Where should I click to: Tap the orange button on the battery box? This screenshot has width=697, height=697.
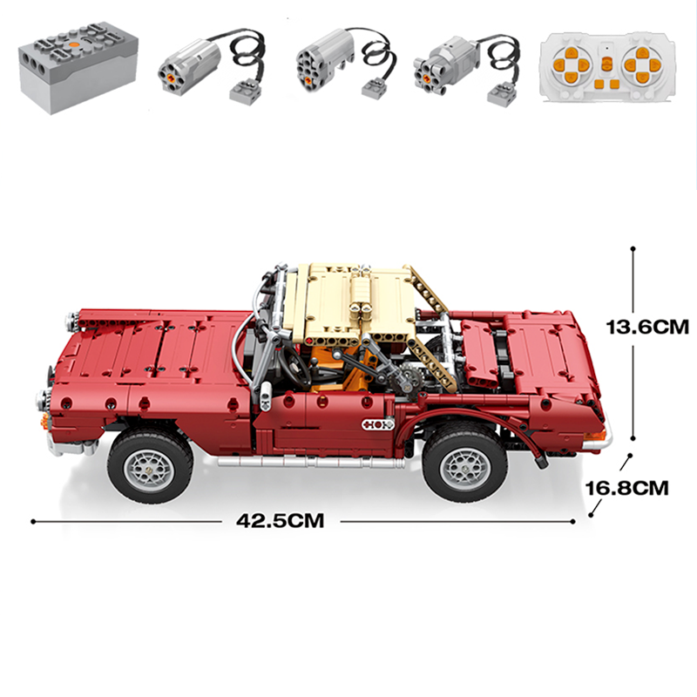[x=76, y=40]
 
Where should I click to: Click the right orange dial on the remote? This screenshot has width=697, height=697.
[x=641, y=64]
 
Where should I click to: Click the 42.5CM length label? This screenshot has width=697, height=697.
[x=280, y=521]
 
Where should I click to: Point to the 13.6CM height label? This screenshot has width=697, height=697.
[x=647, y=328]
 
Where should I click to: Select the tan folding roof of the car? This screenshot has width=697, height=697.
[x=353, y=301]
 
